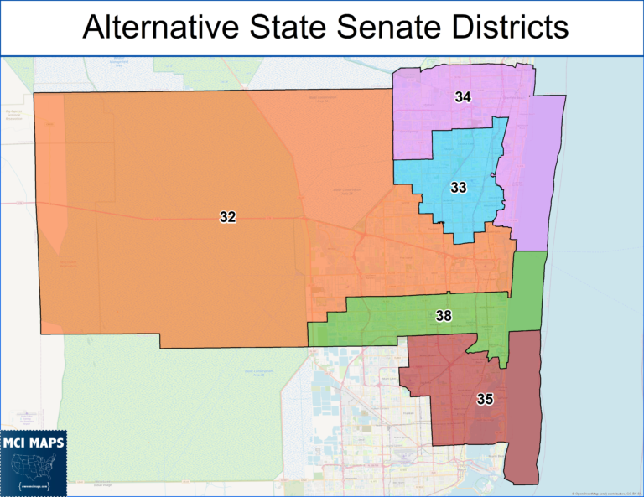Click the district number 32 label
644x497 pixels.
[227, 217]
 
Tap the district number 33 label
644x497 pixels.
[458, 188]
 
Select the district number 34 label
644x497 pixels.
[463, 97]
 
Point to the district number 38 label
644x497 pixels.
[444, 316]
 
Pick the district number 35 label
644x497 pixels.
[484, 399]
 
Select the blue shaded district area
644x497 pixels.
[453, 168]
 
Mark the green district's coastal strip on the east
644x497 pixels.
[529, 289]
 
